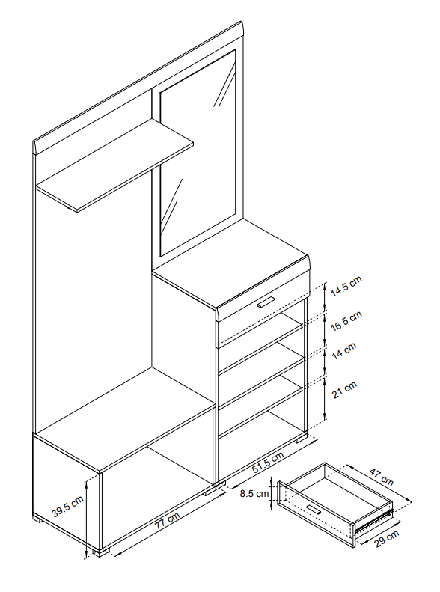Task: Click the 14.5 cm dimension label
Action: click(x=346, y=286)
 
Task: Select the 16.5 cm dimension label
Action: click(x=346, y=321)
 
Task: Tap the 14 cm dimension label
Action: click(x=344, y=351)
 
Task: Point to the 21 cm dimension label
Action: click(x=344, y=390)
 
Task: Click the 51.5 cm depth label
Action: click(x=268, y=463)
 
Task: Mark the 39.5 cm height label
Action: click(x=67, y=506)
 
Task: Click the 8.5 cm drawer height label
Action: click(x=254, y=493)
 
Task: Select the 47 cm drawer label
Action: click(x=381, y=477)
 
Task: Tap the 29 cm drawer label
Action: click(x=386, y=538)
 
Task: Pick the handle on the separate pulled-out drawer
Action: click(x=314, y=509)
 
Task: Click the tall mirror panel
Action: click(x=198, y=153)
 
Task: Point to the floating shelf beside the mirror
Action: click(x=114, y=165)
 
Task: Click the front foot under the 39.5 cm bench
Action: click(x=101, y=552)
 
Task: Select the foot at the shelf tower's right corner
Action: click(x=302, y=439)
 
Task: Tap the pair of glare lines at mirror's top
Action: click(x=224, y=85)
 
